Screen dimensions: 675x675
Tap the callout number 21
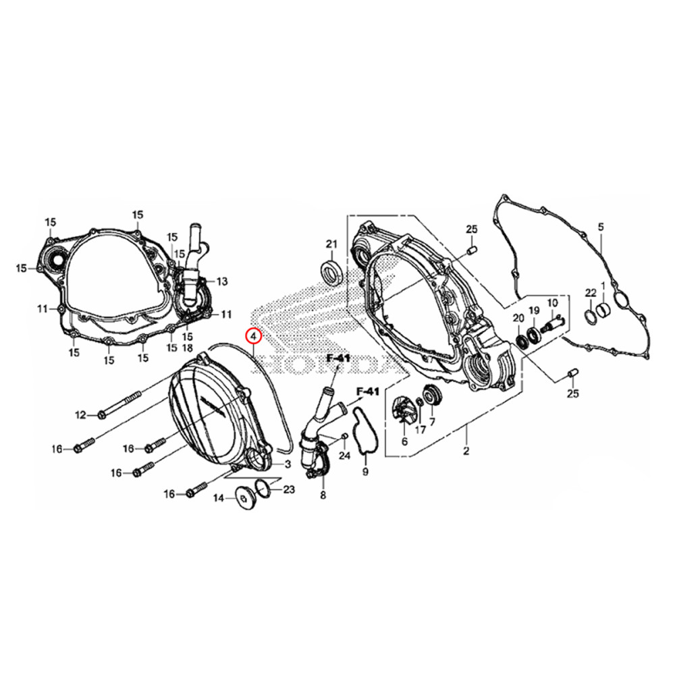click(x=331, y=244)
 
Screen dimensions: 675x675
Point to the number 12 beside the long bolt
click(x=81, y=414)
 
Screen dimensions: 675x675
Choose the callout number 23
click(x=289, y=489)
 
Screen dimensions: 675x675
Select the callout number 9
click(x=365, y=471)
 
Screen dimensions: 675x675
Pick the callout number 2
click(x=466, y=450)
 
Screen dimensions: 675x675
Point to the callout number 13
click(x=222, y=281)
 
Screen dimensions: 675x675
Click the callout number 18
click(x=187, y=347)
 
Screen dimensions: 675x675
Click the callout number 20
click(x=518, y=318)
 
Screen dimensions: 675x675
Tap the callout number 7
click(x=432, y=422)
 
